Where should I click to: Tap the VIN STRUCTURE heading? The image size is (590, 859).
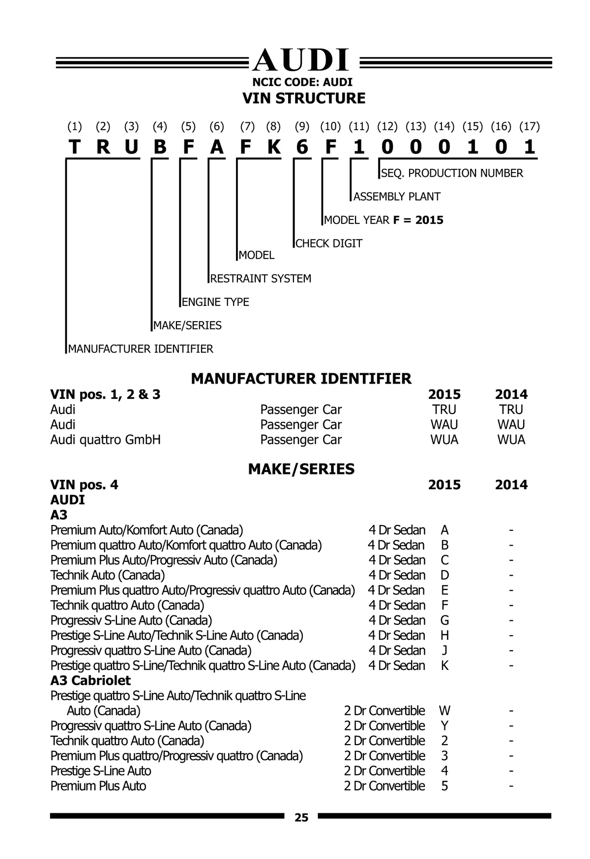coord(304,98)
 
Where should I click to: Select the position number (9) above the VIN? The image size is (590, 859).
coord(302,127)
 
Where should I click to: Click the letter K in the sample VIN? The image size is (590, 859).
coord(274,147)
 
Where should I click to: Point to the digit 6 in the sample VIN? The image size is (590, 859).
coord(302,147)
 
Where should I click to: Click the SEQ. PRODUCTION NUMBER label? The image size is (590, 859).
coord(452,173)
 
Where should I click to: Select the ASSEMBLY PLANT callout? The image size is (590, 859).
coord(397,197)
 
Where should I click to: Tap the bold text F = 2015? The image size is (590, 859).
coord(418,220)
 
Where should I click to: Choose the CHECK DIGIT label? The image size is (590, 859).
coord(329,244)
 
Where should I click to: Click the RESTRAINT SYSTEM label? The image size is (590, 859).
coord(261,279)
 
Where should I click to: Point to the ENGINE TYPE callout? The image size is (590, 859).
coord(215,302)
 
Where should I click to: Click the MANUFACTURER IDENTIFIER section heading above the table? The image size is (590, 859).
coord(301,379)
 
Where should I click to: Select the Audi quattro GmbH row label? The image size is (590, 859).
coord(105,440)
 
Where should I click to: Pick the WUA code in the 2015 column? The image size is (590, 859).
coord(444,440)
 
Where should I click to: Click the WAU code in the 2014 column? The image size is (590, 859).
coord(511,424)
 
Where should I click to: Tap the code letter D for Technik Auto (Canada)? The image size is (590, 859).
coord(444,575)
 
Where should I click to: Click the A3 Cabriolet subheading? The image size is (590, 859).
coord(90,681)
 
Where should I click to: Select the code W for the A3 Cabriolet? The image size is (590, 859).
coord(444,711)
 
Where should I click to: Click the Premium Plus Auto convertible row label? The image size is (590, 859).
coord(98,786)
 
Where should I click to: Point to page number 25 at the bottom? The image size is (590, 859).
coord(301,817)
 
